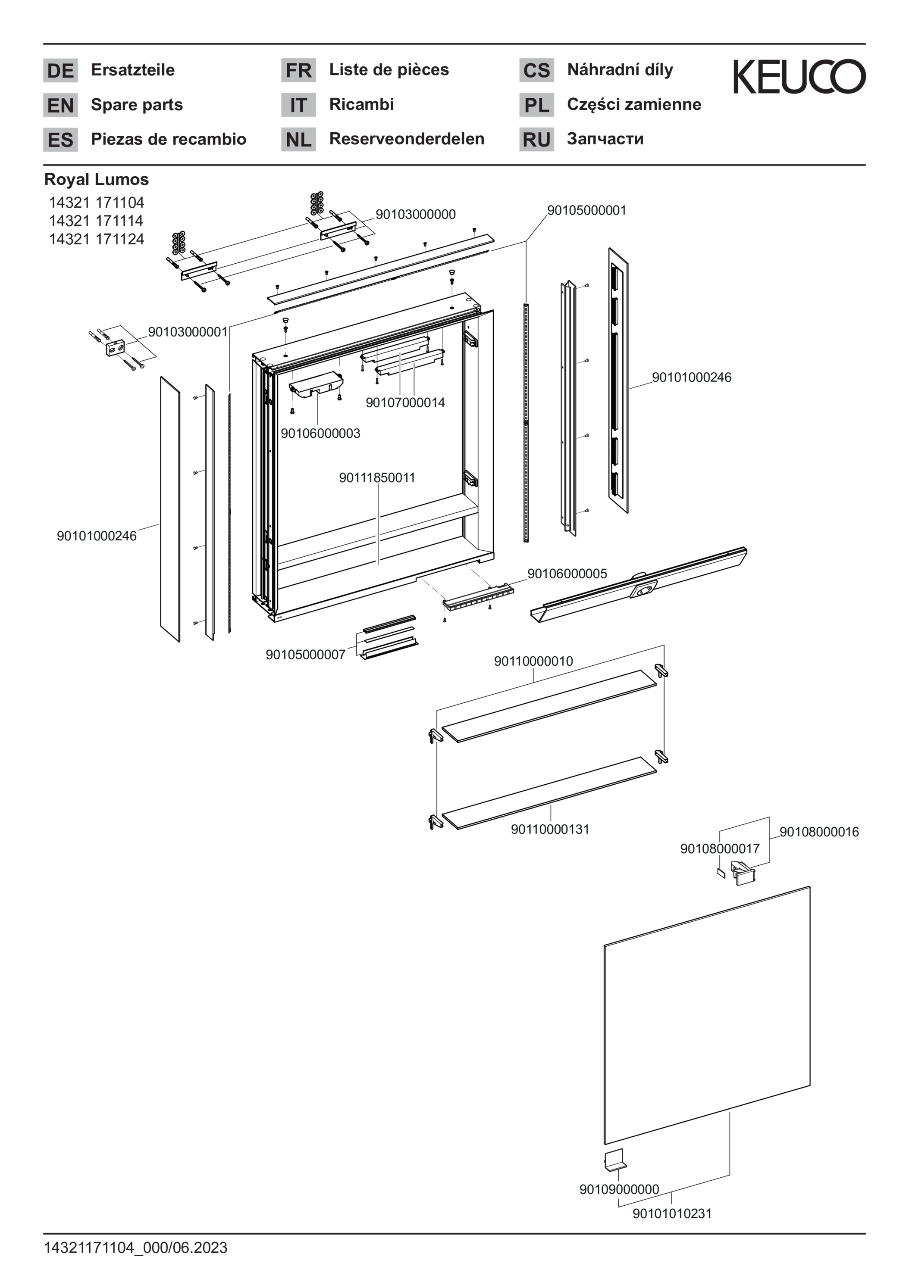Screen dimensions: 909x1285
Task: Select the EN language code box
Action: coord(60,105)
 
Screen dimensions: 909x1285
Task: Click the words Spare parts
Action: coord(137,105)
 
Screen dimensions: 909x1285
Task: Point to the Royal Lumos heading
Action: coord(96,179)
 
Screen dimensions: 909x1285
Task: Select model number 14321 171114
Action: coord(96,221)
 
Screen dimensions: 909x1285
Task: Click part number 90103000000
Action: coord(416,214)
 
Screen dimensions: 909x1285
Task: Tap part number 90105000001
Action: coord(587,210)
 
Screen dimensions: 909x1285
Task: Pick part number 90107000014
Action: coord(405,402)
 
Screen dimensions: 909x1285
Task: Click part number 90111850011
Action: coord(377,477)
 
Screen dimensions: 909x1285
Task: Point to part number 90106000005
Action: coord(567,574)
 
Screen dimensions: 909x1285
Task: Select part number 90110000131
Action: coord(550,830)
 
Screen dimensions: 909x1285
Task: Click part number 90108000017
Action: coord(720,848)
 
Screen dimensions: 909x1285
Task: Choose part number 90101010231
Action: coord(672,1213)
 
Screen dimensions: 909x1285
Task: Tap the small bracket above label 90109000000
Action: coord(614,1160)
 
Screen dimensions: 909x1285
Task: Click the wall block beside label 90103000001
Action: coord(116,348)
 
